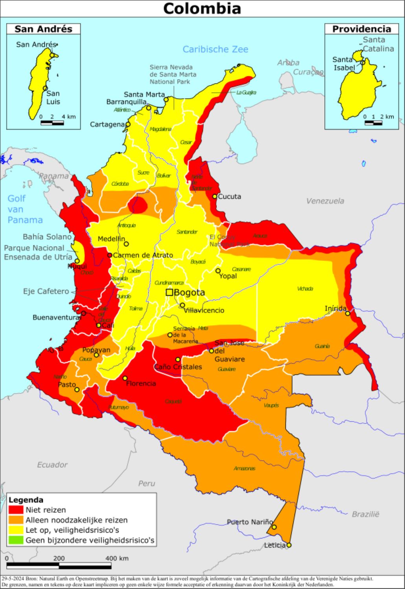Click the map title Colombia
pos(202,8)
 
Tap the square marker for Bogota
pos(169,292)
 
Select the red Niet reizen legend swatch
pos(16,510)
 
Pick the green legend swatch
pos(16,540)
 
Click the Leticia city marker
pos(289,545)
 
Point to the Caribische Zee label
pos(215,49)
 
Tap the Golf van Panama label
pos(25,209)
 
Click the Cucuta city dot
pos(215,196)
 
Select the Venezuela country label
pos(325,201)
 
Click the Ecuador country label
pos(52,465)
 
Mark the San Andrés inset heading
pos(43,29)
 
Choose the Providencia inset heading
pos(361,29)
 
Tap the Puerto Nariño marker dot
pos(274,527)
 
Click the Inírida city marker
pos(348,313)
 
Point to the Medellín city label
pos(111,239)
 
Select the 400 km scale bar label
pos(117,558)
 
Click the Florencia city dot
pos(125,378)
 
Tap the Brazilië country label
pos(365,514)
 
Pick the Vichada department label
pos(305,289)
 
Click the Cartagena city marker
pos(128,124)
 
